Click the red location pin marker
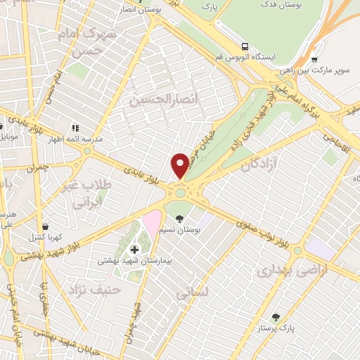tap(180, 165)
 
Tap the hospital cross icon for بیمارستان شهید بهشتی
tap(134, 249)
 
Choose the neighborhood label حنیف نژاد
tap(94, 289)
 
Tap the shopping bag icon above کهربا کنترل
tap(46, 226)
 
